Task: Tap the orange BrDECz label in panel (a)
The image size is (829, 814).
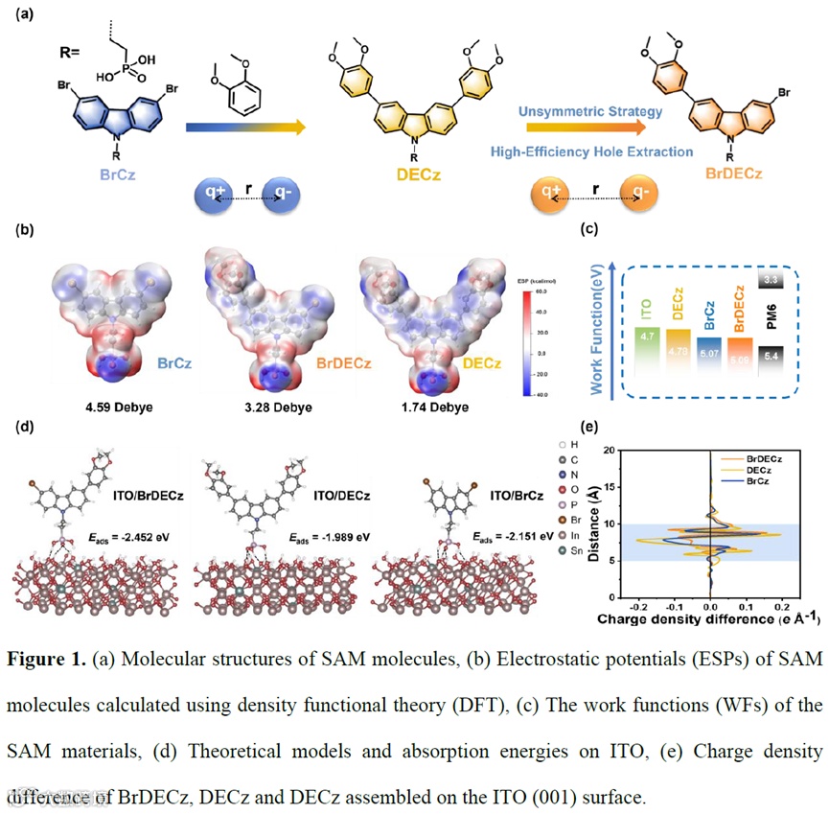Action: tap(731, 174)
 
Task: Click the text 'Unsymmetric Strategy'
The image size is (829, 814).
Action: tap(590, 113)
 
